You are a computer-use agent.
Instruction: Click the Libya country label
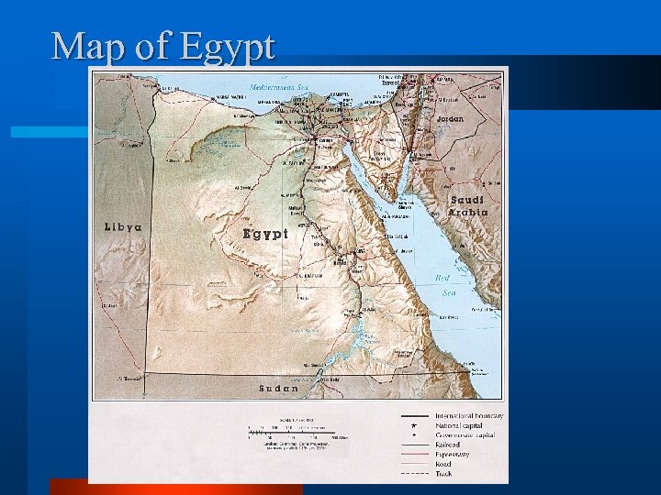[x=124, y=227]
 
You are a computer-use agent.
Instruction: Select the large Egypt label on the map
[x=265, y=234]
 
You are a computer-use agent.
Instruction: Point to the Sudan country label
[x=278, y=388]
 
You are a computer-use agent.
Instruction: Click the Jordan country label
[x=450, y=119]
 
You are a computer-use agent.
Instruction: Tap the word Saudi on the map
[x=467, y=200]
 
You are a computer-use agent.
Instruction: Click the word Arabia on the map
[x=467, y=213]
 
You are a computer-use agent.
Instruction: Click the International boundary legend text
[x=468, y=416]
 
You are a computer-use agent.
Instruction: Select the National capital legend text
[x=464, y=425]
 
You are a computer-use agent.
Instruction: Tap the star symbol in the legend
[x=415, y=425]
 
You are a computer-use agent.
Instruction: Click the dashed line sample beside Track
[x=415, y=473]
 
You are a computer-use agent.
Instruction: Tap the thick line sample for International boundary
[x=415, y=416]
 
